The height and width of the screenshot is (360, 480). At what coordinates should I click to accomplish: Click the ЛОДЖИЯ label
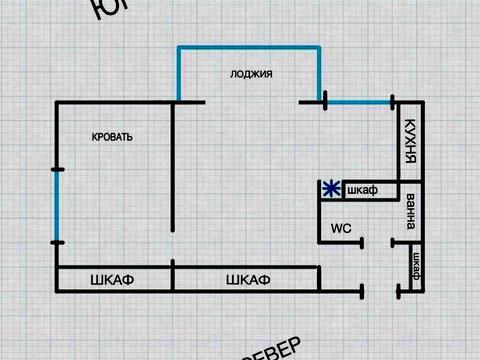pyautogui.click(x=251, y=74)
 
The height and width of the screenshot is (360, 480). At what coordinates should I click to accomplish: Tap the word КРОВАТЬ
pyautogui.click(x=112, y=137)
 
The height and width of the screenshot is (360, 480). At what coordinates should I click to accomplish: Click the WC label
pyautogui.click(x=341, y=227)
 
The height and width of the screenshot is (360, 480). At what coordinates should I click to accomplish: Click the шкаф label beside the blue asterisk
pyautogui.click(x=360, y=190)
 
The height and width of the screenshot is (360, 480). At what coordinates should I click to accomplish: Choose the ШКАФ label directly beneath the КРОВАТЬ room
pyautogui.click(x=113, y=277)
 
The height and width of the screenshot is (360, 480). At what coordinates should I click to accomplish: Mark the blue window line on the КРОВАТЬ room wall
pyautogui.click(x=56, y=202)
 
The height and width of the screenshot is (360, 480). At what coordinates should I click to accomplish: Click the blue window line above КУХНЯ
pyautogui.click(x=357, y=101)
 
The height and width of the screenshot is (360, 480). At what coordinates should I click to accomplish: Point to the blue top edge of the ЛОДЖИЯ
pyautogui.click(x=250, y=47)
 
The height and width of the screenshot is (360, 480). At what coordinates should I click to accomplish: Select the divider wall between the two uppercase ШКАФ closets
pyautogui.click(x=174, y=277)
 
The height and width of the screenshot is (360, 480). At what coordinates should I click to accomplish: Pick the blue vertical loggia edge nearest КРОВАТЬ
pyautogui.click(x=178, y=73)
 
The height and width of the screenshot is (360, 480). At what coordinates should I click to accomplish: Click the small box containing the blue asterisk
pyautogui.click(x=331, y=189)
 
